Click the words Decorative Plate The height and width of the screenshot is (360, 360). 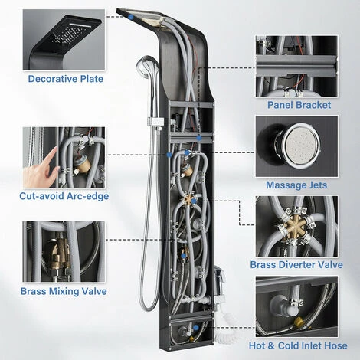point(65,78)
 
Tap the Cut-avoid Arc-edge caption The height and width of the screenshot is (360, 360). point(65,196)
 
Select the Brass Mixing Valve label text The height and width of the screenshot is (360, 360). point(64,291)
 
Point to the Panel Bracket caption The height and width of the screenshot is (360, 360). point(298,104)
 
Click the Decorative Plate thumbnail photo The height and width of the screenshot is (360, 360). point(65,38)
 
